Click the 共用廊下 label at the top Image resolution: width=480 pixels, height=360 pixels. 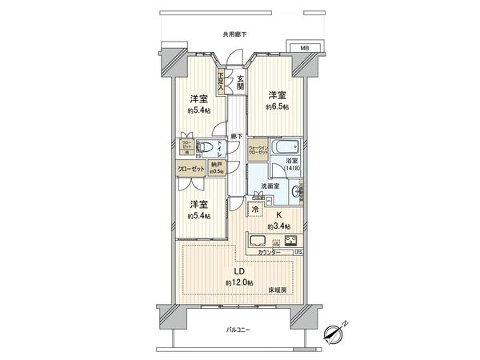[x=234, y=34]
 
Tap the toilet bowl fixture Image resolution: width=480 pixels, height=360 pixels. [x=206, y=147]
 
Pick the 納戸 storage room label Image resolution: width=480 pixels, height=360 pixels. [x=215, y=166]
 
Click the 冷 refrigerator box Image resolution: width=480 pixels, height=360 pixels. [x=254, y=210]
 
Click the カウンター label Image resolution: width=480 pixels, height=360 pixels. [x=270, y=253]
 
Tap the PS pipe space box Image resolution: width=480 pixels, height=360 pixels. [x=298, y=253]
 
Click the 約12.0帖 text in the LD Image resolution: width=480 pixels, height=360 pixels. [x=239, y=283]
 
